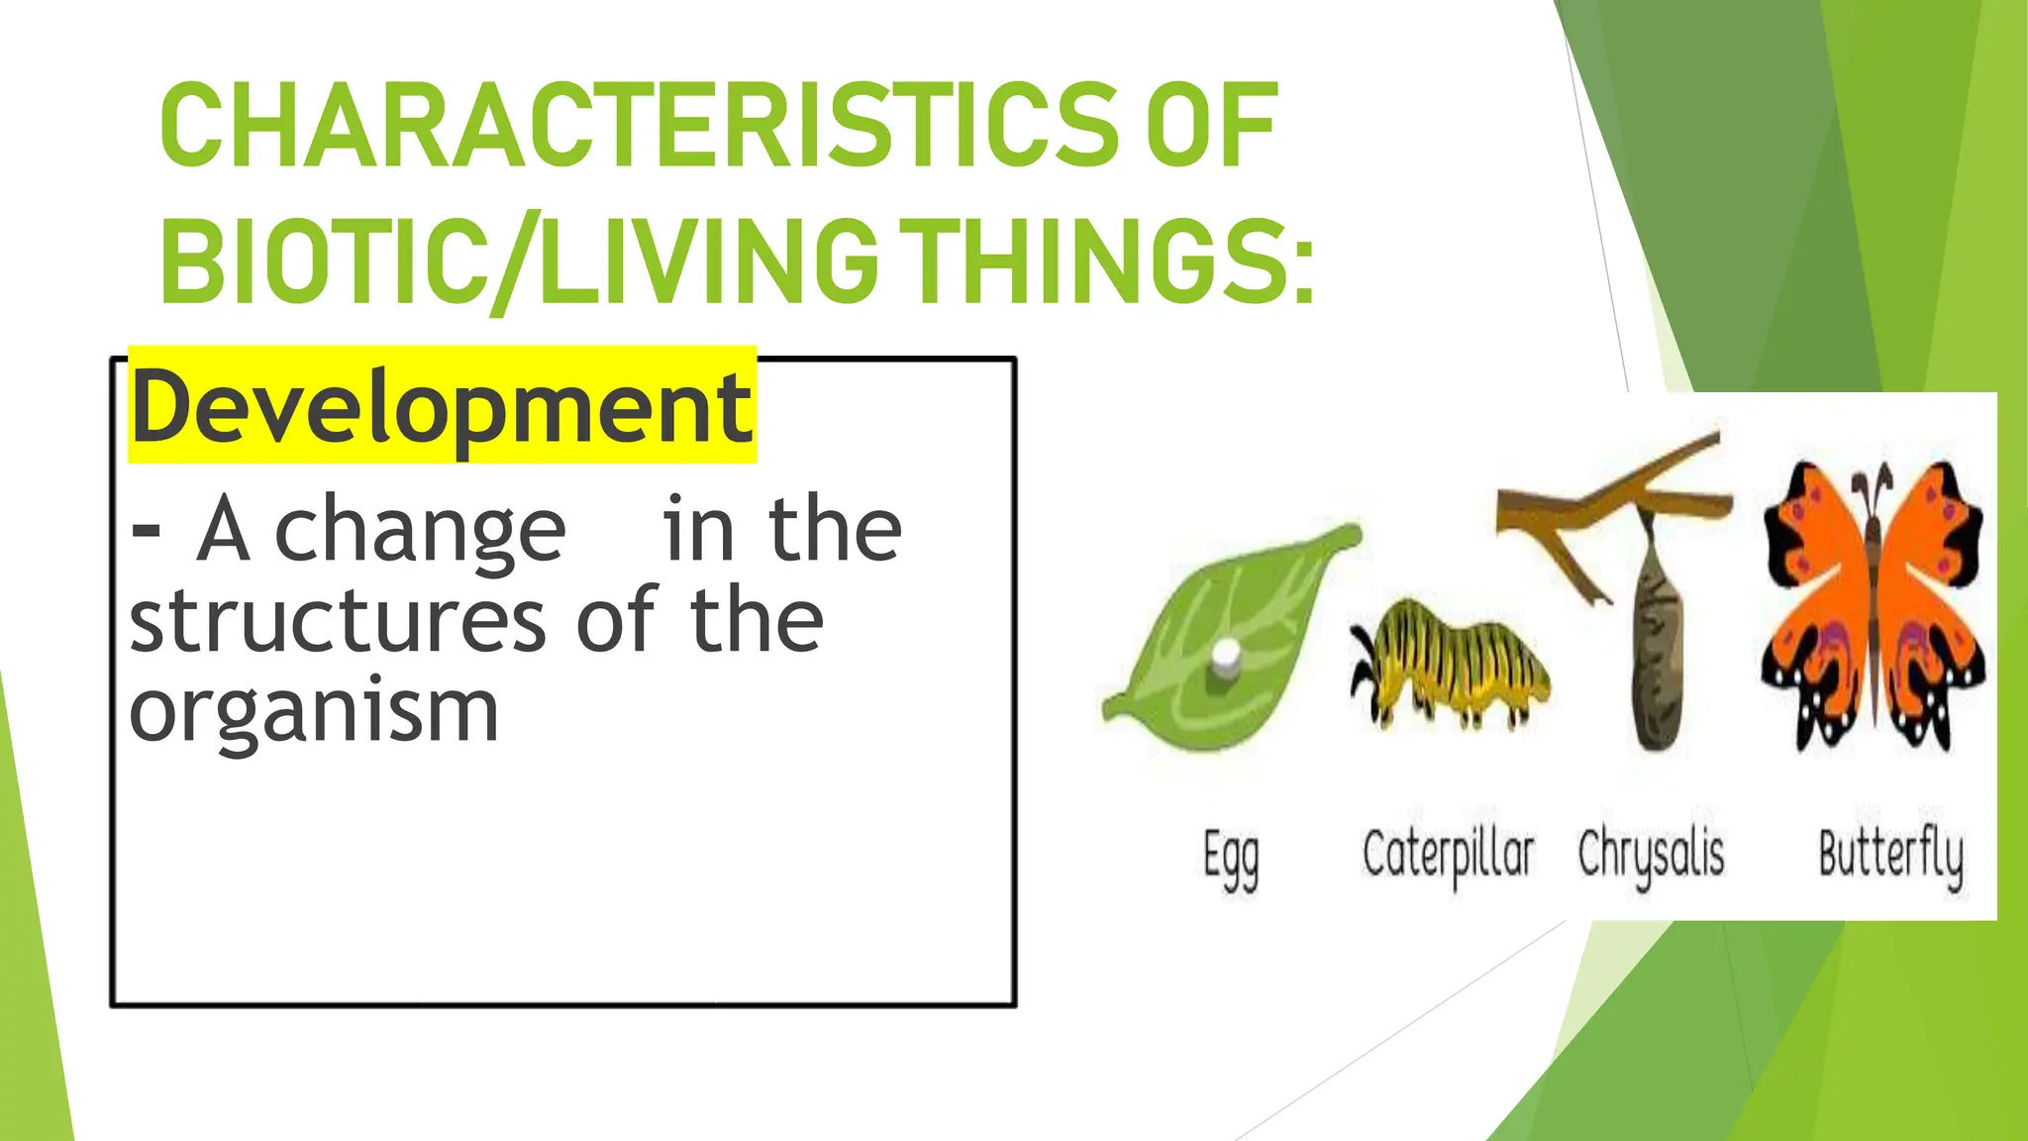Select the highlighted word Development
(x=442, y=407)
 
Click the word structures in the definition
(x=338, y=621)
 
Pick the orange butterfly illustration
(x=1873, y=614)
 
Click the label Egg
(x=1231, y=858)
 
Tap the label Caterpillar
(x=1448, y=856)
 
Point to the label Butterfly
(x=1890, y=856)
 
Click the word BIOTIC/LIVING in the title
(x=518, y=259)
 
